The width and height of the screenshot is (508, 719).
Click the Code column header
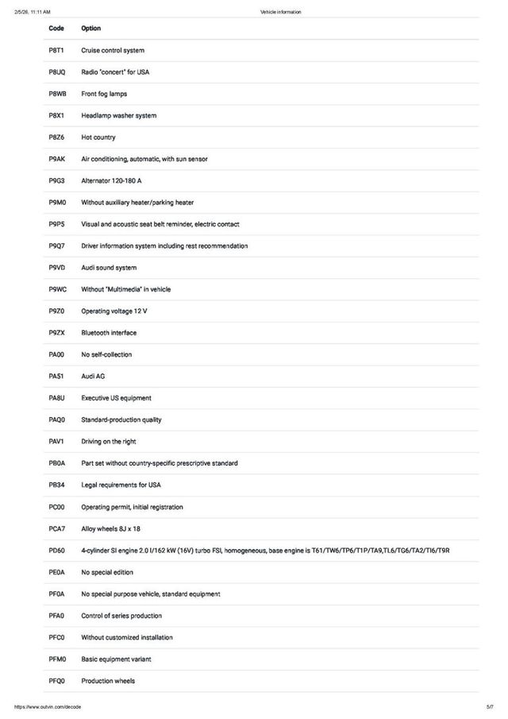[56, 29]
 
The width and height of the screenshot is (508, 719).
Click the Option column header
[91, 29]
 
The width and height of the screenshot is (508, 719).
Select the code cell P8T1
[56, 50]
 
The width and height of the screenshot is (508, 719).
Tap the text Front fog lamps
[104, 94]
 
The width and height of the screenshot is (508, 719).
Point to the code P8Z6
[56, 137]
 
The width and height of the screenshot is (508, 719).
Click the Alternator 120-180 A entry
[111, 181]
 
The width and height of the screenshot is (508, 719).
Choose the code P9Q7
[56, 246]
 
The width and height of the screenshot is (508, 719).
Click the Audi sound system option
[109, 268]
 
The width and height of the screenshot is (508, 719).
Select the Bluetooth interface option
[109, 333]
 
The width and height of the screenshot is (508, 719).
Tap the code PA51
[56, 377]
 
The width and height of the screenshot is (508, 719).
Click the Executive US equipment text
[116, 398]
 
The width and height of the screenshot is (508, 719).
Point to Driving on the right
[109, 442]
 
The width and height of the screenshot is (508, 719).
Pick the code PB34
[56, 485]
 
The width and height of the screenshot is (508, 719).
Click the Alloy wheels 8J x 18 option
[111, 528]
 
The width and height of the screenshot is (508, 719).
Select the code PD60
[56, 551]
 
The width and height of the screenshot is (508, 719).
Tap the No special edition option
[107, 572]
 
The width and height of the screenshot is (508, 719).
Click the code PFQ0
[56, 681]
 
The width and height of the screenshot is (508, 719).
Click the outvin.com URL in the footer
[48, 707]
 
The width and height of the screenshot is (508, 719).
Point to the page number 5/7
[490, 707]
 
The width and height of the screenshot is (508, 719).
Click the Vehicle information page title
[280, 12]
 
